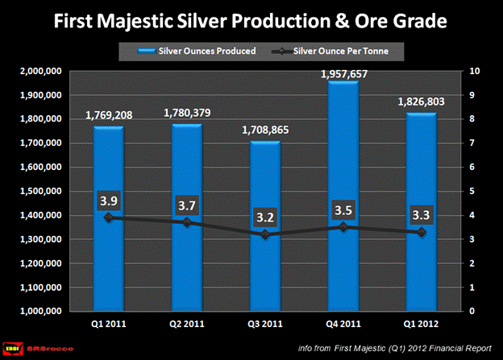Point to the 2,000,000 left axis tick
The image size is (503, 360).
click(x=38, y=72)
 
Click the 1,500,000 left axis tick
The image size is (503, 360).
click(x=38, y=192)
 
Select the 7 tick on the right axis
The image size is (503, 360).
click(x=474, y=143)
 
